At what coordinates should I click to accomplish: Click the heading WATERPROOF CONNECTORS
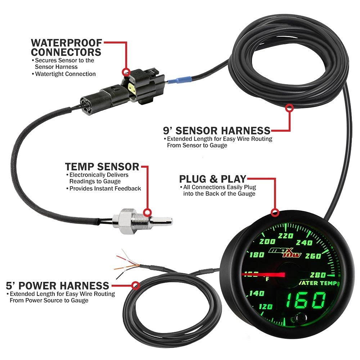tap(66, 48)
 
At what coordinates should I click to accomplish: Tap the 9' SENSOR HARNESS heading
tap(216, 130)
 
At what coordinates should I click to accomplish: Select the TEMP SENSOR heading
tap(102, 167)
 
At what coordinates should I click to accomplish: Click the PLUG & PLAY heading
tap(212, 179)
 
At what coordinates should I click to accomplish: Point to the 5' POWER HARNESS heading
tap(58, 285)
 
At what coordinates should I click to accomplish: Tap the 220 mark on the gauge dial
tap(287, 236)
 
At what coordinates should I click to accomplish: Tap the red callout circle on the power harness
tap(135, 285)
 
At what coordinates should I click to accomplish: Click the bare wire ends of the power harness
tap(124, 265)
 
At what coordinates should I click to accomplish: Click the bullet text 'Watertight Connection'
tap(65, 74)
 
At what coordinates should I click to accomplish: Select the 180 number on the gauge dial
tap(256, 255)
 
